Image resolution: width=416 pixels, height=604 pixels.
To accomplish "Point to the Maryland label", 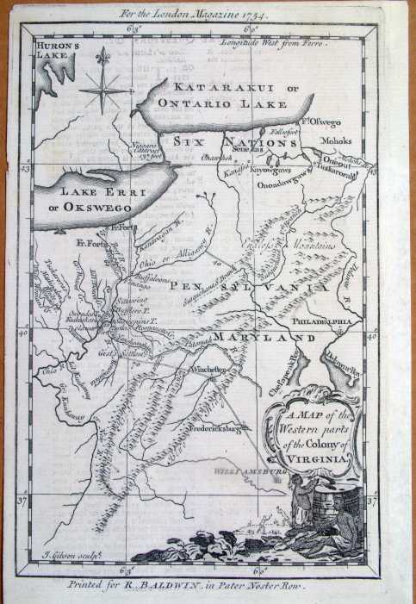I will [265, 339].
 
